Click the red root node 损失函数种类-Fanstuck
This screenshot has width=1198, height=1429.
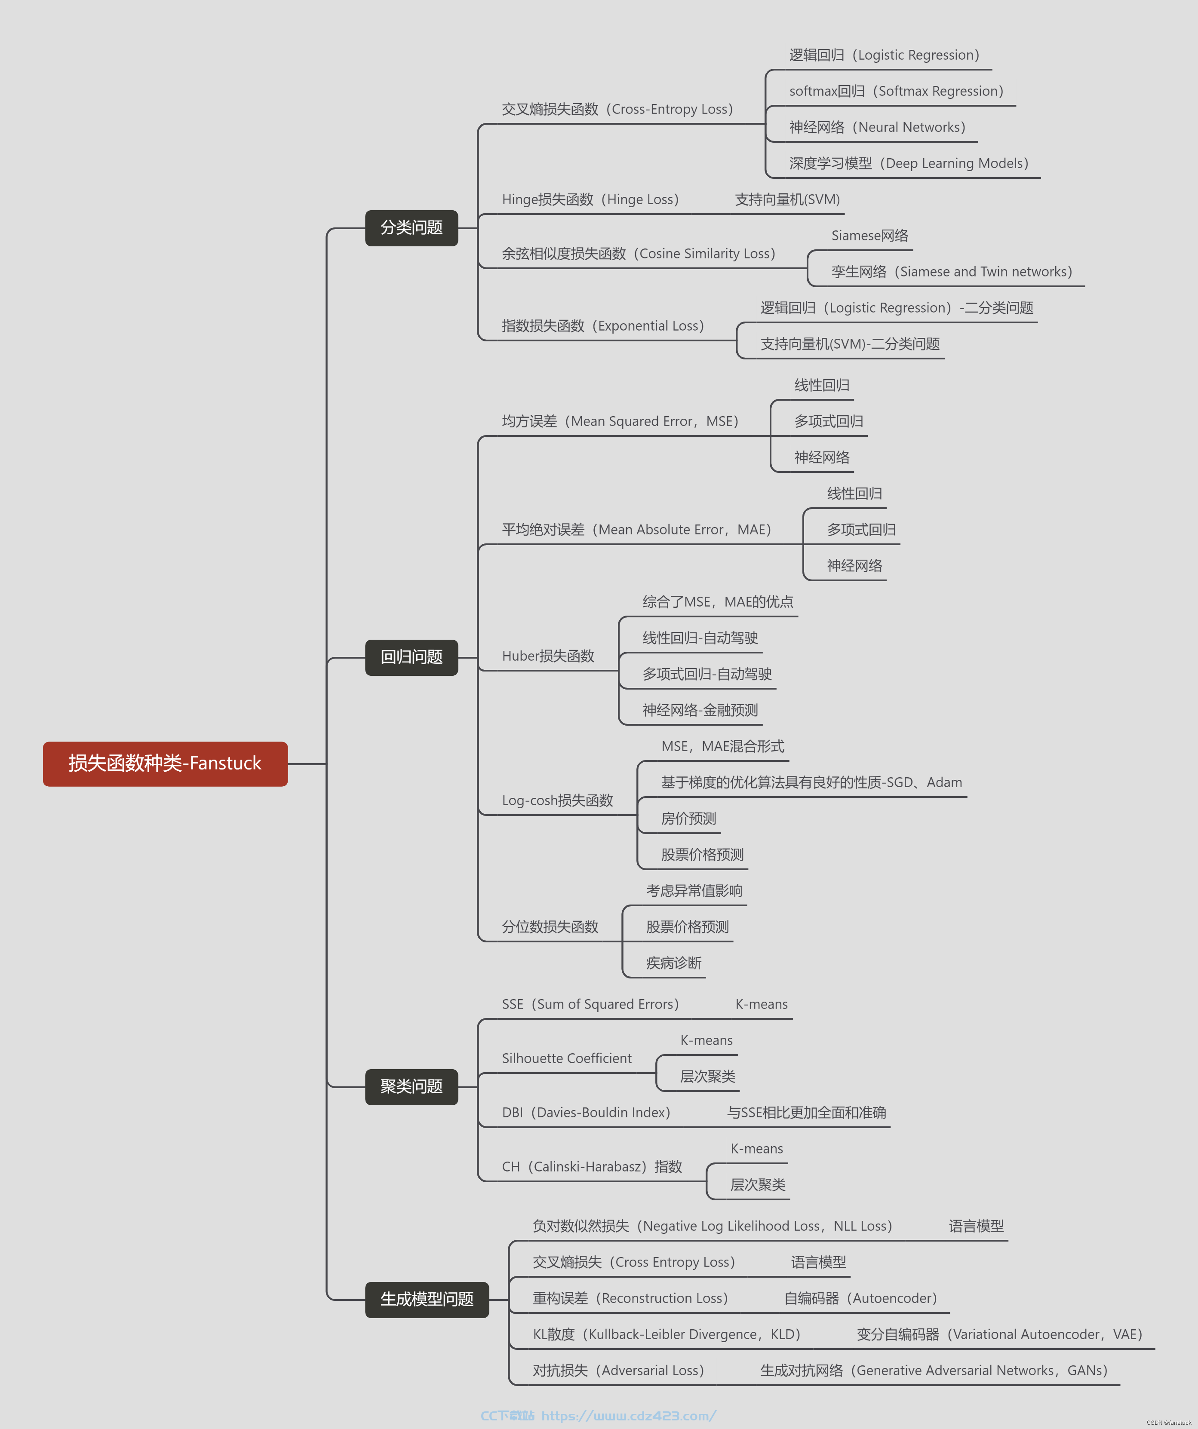coord(166,764)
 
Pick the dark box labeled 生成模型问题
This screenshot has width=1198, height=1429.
coord(427,1300)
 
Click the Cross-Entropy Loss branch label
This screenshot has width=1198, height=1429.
coord(617,110)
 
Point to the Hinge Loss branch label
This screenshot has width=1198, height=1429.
coord(590,199)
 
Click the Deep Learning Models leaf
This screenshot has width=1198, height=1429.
coord(909,163)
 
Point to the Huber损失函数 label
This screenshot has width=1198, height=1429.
coord(548,656)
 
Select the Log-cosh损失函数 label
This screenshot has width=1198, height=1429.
coord(557,800)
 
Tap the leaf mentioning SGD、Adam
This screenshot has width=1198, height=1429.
coord(811,782)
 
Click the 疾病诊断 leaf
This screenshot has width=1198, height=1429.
coord(674,963)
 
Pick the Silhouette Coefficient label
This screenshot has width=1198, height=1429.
coord(566,1058)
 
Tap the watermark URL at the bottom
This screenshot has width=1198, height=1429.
coord(628,1415)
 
